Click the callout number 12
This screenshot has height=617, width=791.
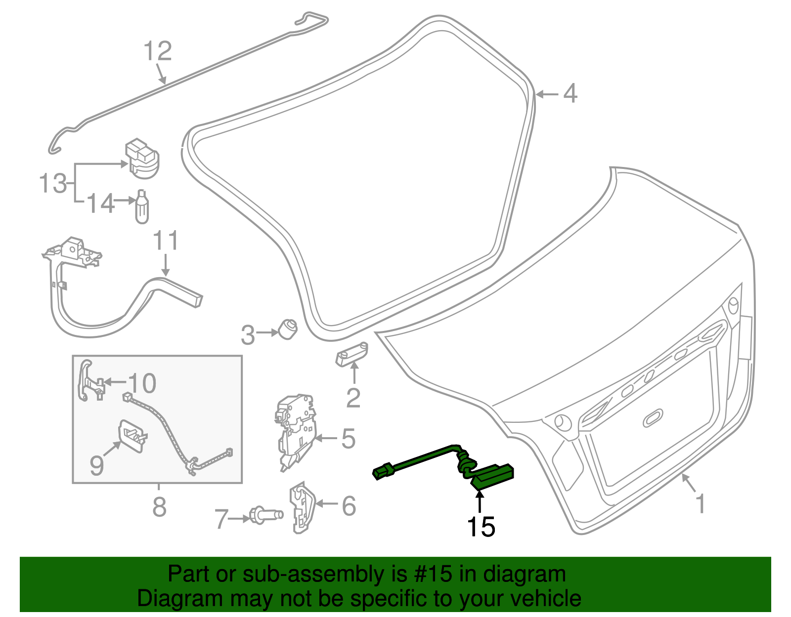point(158,51)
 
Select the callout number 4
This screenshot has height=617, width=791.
point(570,93)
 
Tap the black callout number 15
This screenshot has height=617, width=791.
point(481,527)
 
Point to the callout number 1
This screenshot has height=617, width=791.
point(700,503)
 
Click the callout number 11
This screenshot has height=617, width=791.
point(166,241)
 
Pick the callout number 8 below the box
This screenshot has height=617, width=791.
point(159,506)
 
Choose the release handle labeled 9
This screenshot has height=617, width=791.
point(132,435)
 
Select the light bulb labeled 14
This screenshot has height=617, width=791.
point(142,208)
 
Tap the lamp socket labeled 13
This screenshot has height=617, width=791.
point(142,159)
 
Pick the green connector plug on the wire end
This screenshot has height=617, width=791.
point(383,472)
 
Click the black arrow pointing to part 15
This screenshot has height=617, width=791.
point(480,501)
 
